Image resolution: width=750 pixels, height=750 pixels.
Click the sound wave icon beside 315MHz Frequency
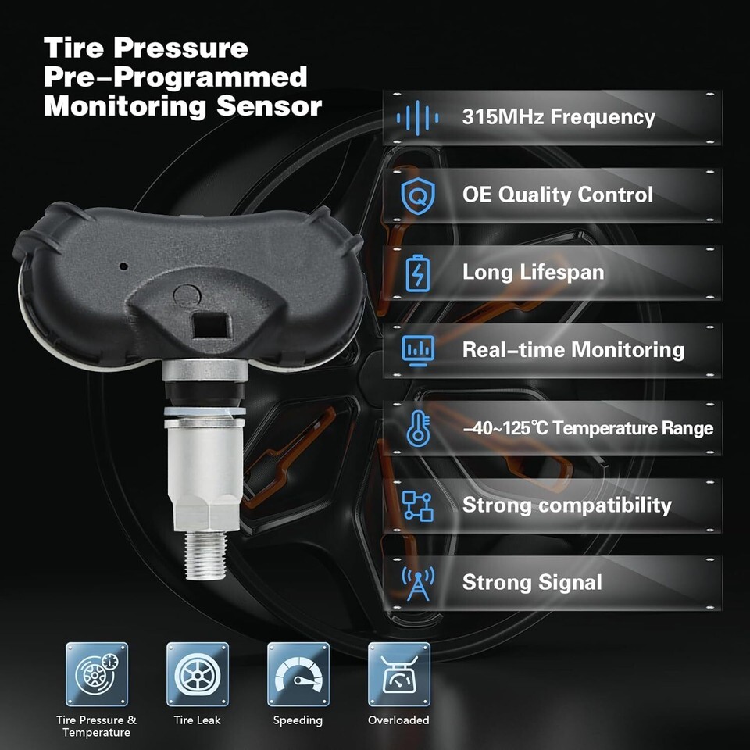(x=417, y=118)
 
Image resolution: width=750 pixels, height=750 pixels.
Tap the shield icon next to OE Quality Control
(x=418, y=195)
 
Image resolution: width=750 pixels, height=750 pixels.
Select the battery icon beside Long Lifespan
(x=417, y=273)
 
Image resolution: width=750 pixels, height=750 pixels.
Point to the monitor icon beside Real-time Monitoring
(x=418, y=351)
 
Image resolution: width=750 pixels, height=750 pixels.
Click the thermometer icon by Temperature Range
(x=418, y=428)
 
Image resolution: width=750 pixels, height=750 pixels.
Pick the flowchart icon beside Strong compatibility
(x=417, y=505)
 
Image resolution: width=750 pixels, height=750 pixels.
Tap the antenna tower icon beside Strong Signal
(x=418, y=584)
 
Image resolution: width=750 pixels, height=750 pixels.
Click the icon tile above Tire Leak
(x=198, y=674)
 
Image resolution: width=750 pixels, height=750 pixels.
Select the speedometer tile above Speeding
(x=298, y=674)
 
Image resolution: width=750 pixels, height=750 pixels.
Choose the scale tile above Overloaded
(x=399, y=674)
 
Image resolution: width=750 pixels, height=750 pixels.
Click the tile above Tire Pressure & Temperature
(x=97, y=674)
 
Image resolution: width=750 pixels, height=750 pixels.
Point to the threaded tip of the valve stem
(x=205, y=555)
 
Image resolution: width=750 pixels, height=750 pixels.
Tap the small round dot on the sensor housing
(x=123, y=266)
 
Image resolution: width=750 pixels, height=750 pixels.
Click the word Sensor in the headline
(x=269, y=105)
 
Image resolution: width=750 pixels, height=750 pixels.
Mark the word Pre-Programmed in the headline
(x=175, y=78)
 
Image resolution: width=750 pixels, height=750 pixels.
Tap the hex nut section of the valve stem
(x=205, y=512)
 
